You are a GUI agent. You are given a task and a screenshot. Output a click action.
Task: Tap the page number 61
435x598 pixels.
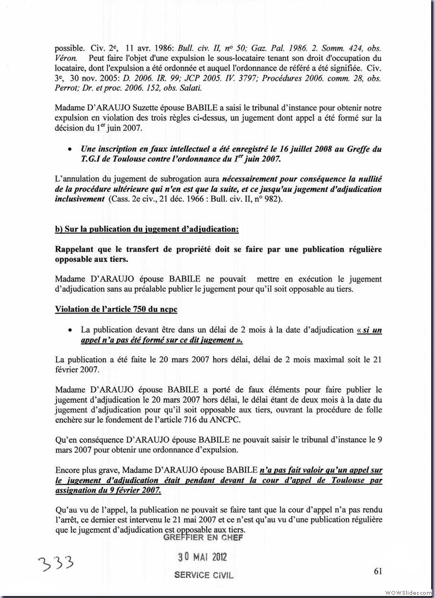pos(378,570)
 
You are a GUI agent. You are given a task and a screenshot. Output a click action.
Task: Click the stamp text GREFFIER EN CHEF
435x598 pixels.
pos(202,538)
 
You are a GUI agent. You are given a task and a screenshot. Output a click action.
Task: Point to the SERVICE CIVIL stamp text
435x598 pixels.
pos(203,575)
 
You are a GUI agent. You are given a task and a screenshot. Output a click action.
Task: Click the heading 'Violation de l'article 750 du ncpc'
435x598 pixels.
pos(116,309)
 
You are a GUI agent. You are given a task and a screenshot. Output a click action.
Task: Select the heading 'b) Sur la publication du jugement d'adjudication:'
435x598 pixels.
pos(146,229)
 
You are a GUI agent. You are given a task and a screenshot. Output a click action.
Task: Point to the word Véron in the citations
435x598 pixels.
pos(67,58)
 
